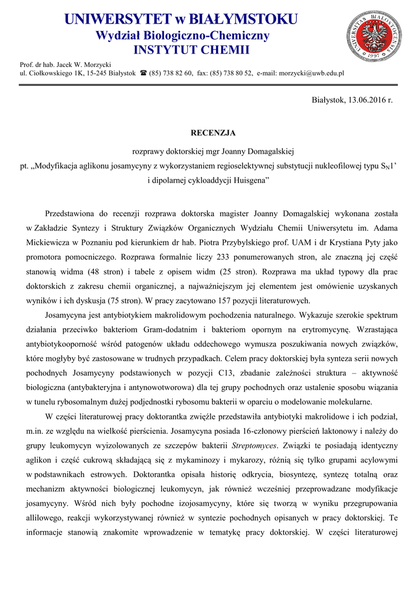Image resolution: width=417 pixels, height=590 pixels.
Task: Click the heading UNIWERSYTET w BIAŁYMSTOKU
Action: coord(181,19)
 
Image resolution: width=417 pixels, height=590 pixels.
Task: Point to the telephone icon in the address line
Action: coord(143,73)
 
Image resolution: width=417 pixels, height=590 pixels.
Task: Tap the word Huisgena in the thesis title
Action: coord(253,181)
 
